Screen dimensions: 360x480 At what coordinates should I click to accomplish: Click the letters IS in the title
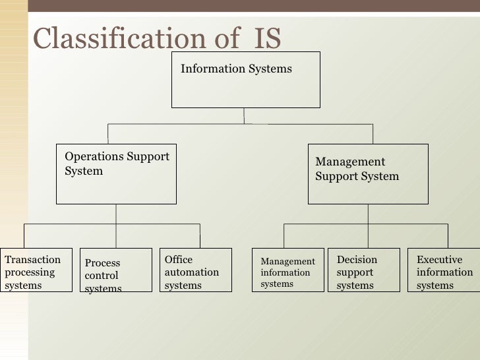tap(267, 39)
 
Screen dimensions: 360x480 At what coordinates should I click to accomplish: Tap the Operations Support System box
tap(116, 174)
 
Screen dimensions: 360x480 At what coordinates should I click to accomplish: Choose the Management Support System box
tap(368, 174)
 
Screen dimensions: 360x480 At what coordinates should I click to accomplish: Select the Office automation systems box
tap(196, 270)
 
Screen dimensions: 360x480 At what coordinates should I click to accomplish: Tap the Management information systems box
tap(288, 270)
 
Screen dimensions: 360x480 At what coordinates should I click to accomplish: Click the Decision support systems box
tap(363, 270)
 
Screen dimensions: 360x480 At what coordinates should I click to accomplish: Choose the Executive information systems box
tap(443, 270)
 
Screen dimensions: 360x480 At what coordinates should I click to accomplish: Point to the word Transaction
tap(32, 260)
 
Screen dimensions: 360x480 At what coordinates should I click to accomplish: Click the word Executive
tap(439, 260)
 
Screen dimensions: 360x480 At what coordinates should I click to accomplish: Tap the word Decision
tap(357, 260)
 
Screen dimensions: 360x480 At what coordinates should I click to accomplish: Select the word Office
tap(179, 260)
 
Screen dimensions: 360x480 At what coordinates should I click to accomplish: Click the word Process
tap(102, 263)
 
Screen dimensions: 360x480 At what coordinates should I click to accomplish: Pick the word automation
tap(191, 272)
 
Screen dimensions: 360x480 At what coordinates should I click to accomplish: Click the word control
tap(102, 276)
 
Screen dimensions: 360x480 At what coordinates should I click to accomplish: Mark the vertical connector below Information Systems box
tap(245, 115)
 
